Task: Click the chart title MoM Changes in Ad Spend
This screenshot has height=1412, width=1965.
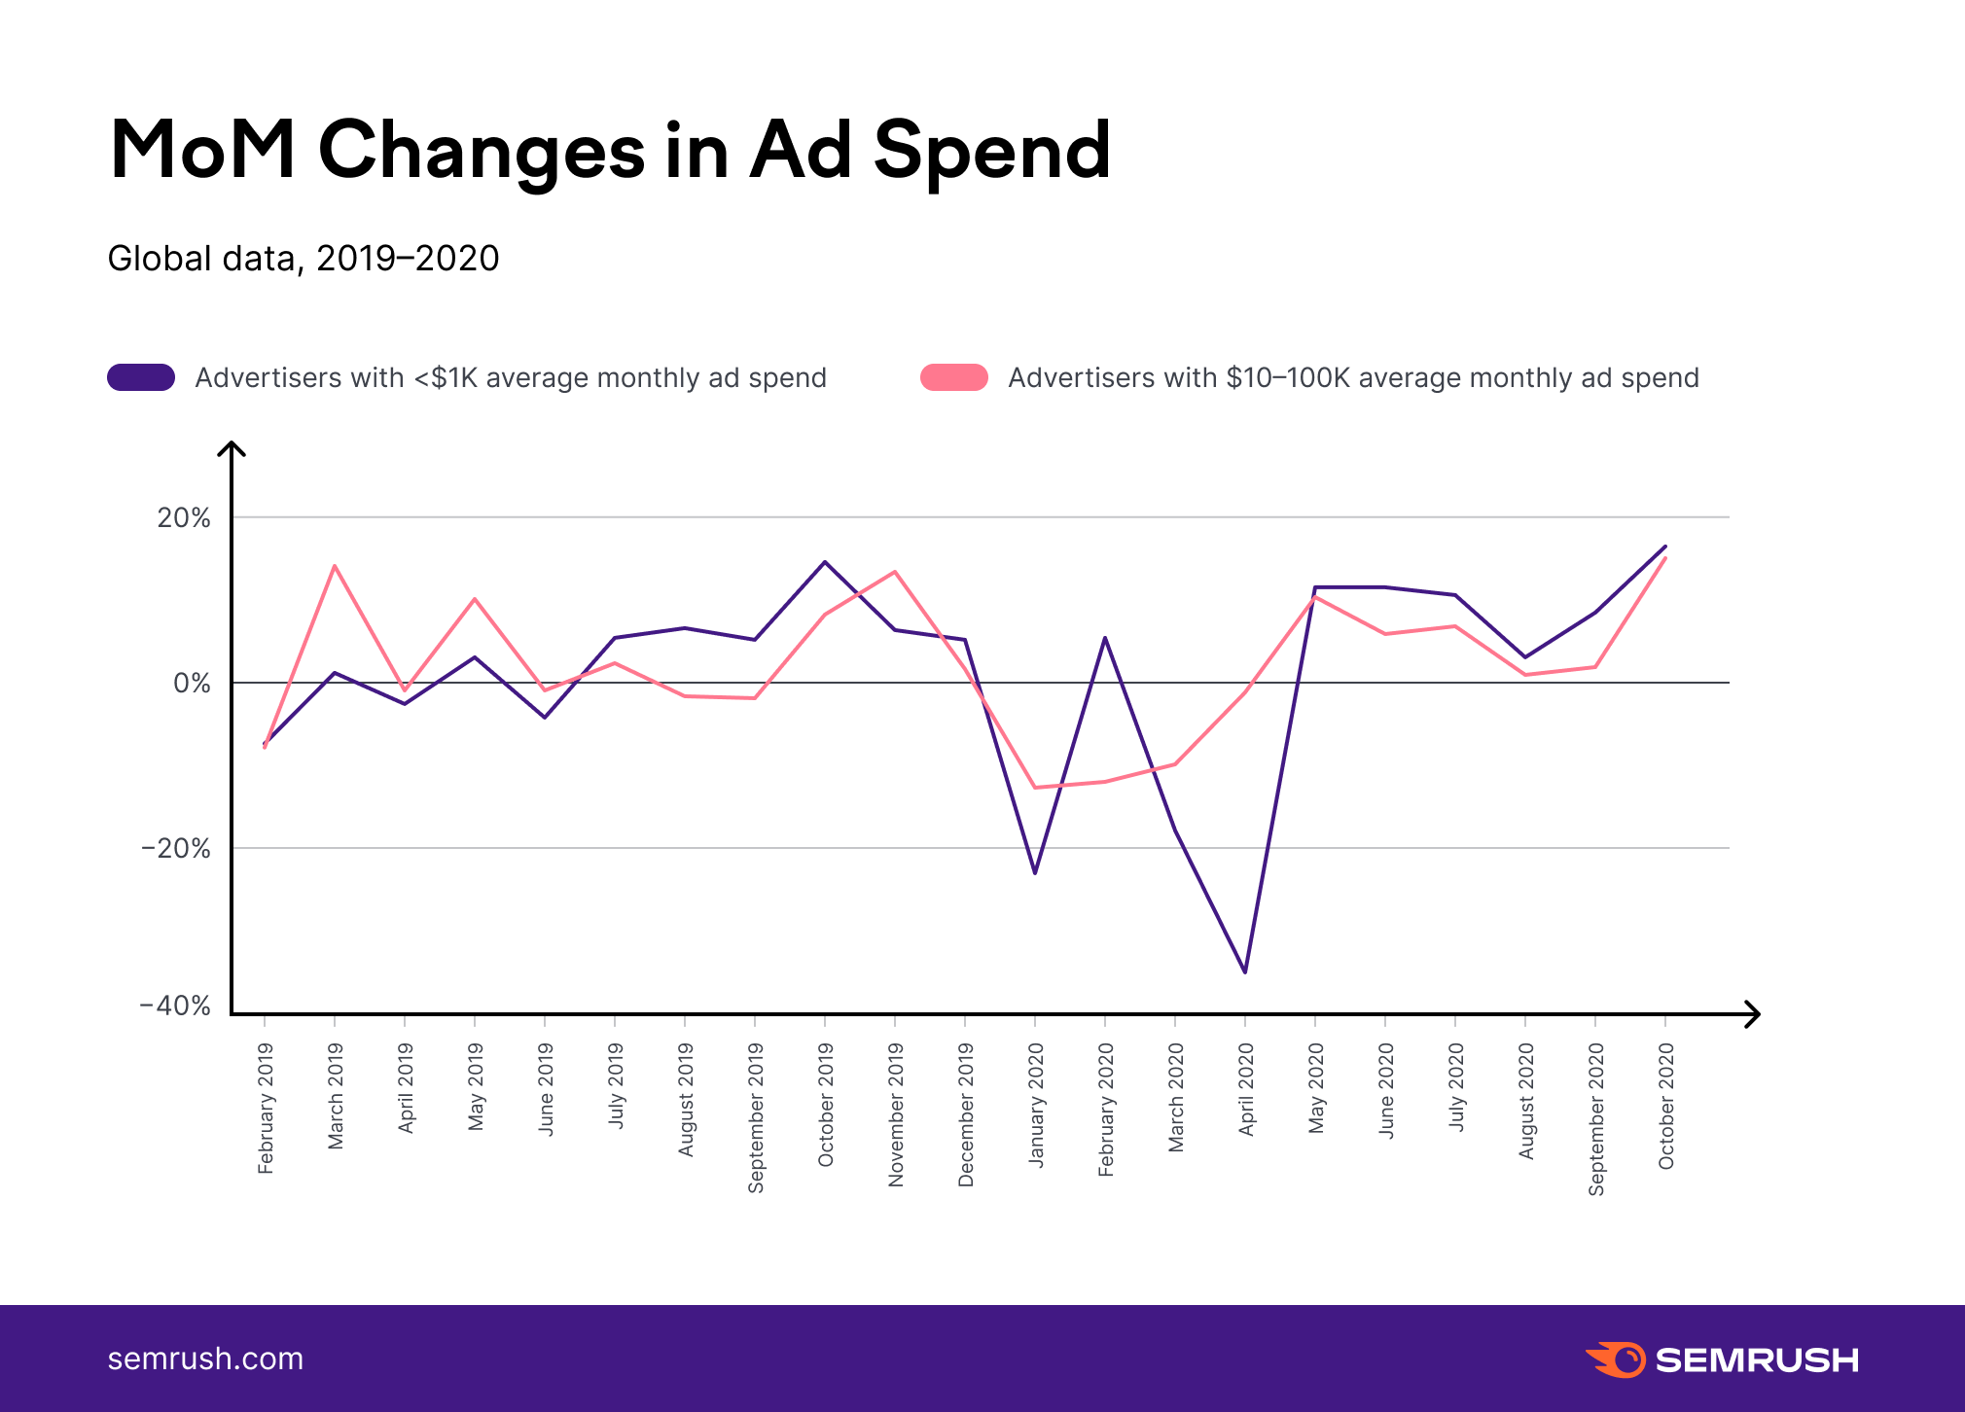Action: coord(610,151)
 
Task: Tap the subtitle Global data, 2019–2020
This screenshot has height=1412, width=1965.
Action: coord(304,259)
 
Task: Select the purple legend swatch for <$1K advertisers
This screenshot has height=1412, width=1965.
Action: coord(141,377)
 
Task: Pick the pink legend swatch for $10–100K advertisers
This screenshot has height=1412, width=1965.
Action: coord(954,377)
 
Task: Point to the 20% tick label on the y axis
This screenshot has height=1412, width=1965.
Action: coord(184,517)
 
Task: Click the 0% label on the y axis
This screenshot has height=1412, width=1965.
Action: coord(192,684)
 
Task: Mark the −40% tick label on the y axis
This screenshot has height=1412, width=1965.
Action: coord(175,1006)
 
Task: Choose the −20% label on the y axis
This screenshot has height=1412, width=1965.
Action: coord(175,849)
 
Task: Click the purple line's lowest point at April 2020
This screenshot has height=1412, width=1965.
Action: coord(1245,971)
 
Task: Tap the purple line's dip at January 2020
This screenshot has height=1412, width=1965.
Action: coord(1035,872)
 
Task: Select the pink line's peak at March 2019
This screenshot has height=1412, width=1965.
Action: coord(335,566)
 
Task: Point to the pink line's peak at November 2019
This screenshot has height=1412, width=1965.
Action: coord(895,572)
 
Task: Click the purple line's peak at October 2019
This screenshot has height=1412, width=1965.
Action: coord(825,562)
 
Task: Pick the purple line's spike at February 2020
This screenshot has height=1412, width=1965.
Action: coord(1105,638)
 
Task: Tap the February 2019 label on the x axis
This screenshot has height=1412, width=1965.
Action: coord(266,1108)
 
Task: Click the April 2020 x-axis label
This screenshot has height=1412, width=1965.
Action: coord(1246,1089)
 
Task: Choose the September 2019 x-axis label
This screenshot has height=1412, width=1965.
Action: coord(756,1117)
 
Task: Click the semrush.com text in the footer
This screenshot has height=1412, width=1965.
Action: coord(205,1359)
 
